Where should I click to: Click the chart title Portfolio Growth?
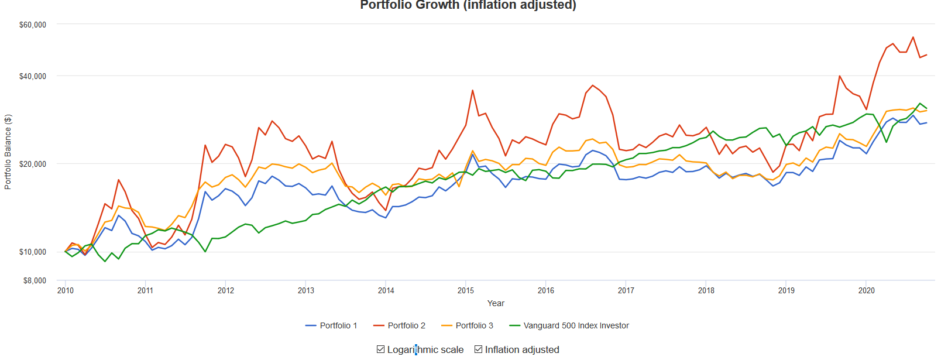[468, 5]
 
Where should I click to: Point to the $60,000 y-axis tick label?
[33, 25]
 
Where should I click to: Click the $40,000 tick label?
[33, 77]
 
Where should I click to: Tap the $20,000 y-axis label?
[33, 164]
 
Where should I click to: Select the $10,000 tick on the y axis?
[33, 252]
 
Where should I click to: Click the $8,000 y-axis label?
[35, 281]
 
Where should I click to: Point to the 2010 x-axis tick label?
[66, 291]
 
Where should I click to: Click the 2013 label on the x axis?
[306, 291]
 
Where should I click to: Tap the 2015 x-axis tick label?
[466, 291]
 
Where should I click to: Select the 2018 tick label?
[706, 291]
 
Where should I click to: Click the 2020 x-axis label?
[867, 291]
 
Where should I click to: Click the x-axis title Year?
[496, 304]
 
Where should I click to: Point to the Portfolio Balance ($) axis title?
[8, 152]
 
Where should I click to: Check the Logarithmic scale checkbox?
[381, 349]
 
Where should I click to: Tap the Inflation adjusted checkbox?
[479, 349]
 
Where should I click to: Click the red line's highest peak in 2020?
[913, 37]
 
